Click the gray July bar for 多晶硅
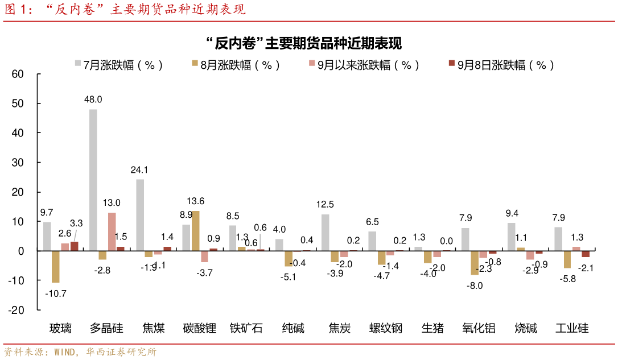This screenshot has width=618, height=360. point(93,180)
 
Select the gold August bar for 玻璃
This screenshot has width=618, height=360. point(55,266)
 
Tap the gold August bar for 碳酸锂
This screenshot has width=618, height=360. point(195,230)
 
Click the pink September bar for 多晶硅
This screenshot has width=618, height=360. point(112,231)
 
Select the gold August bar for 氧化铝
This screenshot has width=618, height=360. point(474,263)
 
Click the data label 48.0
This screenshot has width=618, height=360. point(93,99)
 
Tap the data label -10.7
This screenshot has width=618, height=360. point(55,293)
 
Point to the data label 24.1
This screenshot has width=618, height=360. point(139,169)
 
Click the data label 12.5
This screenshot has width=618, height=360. point(325,204)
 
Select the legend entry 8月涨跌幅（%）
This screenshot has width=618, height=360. point(236,65)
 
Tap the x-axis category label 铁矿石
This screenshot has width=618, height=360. point(246,328)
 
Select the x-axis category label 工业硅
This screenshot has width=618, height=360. point(572,328)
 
